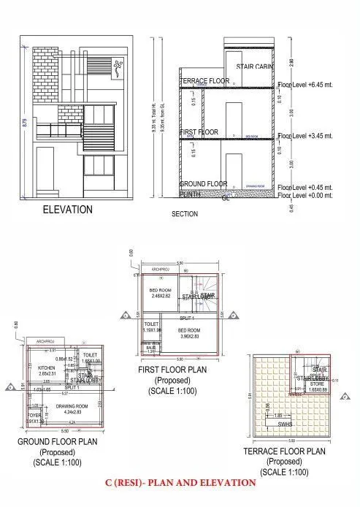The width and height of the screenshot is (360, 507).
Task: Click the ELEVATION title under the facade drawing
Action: pos(66,210)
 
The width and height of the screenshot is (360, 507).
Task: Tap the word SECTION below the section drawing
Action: pos(185,215)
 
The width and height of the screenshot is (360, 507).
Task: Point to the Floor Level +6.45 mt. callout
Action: pos(306,85)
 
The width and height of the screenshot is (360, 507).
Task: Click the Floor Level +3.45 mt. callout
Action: pos(306,136)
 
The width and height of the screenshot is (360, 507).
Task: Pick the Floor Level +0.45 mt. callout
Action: pos(306,187)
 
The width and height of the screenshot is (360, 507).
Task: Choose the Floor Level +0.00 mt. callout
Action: pos(306,195)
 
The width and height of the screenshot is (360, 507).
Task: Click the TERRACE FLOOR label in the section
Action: pos(205,80)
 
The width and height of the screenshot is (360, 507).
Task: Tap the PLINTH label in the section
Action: pos(191,194)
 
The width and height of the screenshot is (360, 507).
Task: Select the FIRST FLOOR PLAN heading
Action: pos(172,370)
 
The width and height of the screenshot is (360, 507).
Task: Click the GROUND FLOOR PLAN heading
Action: pos(58,442)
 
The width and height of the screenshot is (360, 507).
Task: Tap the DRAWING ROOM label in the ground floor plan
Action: pos(72,405)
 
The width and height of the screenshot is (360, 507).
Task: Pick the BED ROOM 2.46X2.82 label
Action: pos(161,292)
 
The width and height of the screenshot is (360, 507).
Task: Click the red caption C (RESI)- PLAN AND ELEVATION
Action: pos(180,483)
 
